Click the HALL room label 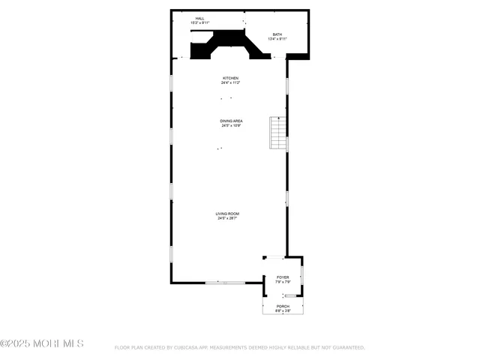pos(199,19)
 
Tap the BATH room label pos(277,34)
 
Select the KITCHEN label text pos(230,78)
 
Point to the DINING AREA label pos(231,121)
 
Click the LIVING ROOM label pos(228,214)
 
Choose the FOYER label pos(283,277)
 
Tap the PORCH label pos(283,307)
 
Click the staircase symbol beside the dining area pos(278,133)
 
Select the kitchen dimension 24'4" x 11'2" pos(230,83)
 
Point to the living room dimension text pos(228,219)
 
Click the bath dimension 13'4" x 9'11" pos(277,39)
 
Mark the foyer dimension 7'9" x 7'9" pos(283,283)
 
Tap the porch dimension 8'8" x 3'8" pos(283,311)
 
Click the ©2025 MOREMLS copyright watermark pos(42,343)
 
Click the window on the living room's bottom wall pos(225,283)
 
